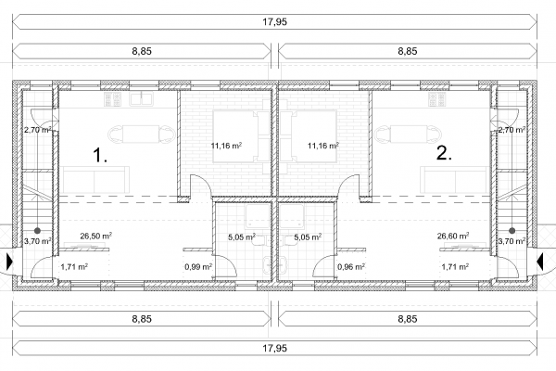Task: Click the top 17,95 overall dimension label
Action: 274,22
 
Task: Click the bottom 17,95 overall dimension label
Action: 274,349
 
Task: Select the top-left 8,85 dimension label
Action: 142,51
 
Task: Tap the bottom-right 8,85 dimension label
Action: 408,319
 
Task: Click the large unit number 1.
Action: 100,156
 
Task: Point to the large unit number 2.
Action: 444,153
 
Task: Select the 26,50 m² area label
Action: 96,236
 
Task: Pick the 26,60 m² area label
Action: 453,236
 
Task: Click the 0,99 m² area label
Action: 198,266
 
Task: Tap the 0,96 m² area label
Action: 351,266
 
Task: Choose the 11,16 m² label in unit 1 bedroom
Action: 226,146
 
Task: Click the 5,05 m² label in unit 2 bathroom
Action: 308,237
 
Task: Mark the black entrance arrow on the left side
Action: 9,262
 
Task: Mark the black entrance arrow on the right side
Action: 540,262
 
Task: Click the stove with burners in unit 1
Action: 113,99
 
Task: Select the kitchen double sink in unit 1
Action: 142,99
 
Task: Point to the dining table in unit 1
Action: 142,134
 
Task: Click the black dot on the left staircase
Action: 37,231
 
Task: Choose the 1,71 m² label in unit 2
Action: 455,266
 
